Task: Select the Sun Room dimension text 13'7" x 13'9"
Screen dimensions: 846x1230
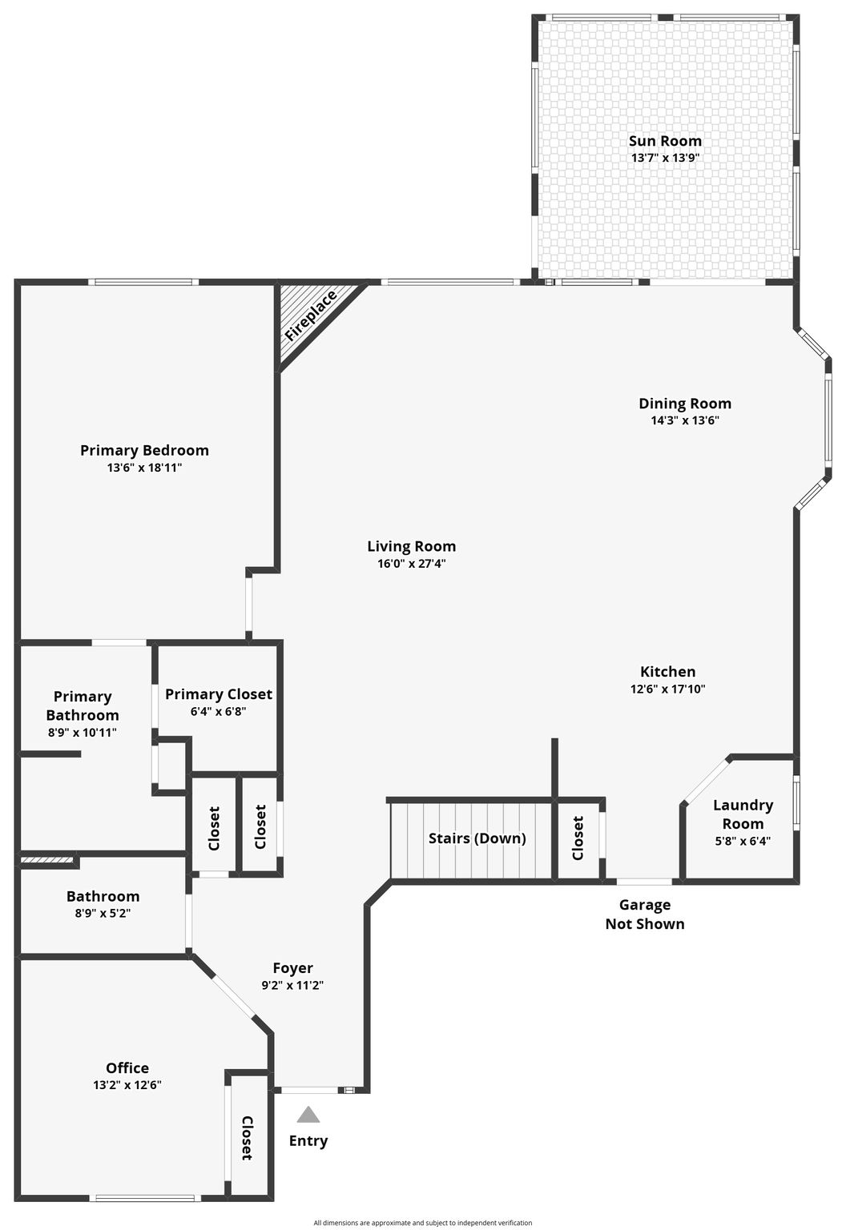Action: point(665,158)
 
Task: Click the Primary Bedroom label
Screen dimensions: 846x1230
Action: point(144,450)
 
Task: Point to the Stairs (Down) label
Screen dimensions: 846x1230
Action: point(477,838)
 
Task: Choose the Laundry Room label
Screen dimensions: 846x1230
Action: point(743,814)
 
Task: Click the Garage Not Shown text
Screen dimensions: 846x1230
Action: point(645,914)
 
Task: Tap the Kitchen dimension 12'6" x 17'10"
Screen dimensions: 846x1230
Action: point(668,689)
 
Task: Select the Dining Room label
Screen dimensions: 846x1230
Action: point(685,404)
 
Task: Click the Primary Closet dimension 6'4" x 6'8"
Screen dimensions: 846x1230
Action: point(218,712)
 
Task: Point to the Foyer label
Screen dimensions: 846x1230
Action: point(292,967)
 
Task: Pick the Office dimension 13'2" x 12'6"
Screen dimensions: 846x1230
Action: point(127,1084)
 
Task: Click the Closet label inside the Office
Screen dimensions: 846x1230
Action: point(248,1138)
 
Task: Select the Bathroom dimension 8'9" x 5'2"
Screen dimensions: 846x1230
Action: point(103,913)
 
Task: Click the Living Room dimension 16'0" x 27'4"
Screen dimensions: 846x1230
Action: point(412,564)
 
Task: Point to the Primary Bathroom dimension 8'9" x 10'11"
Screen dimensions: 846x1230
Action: point(83,733)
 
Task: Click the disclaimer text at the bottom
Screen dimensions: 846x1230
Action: point(423,1223)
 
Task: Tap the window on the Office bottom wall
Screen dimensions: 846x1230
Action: point(142,1198)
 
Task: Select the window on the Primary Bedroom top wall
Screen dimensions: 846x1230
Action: point(143,282)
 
